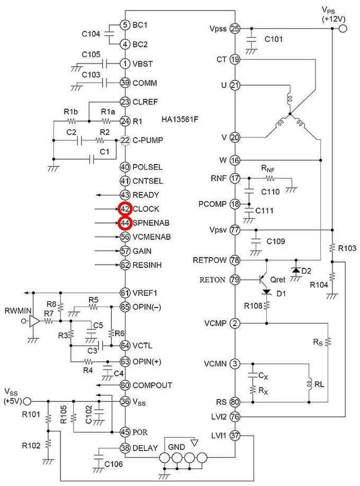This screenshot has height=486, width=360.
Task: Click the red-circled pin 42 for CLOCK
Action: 125,209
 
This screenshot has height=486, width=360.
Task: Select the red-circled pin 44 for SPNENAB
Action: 125,223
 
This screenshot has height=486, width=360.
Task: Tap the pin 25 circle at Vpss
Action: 236,29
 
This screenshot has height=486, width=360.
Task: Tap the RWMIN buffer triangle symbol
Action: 34,321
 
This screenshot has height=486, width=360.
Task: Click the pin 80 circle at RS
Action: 236,402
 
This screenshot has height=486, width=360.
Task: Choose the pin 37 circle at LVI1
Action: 236,435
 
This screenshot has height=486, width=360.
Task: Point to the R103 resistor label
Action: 347,248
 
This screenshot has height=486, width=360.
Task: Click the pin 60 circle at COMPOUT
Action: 125,385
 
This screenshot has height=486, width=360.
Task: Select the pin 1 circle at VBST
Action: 125,64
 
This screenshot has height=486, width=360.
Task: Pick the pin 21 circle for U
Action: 236,85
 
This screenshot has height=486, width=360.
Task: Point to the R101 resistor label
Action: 31,415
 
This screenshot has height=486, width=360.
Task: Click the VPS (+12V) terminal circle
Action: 343,29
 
